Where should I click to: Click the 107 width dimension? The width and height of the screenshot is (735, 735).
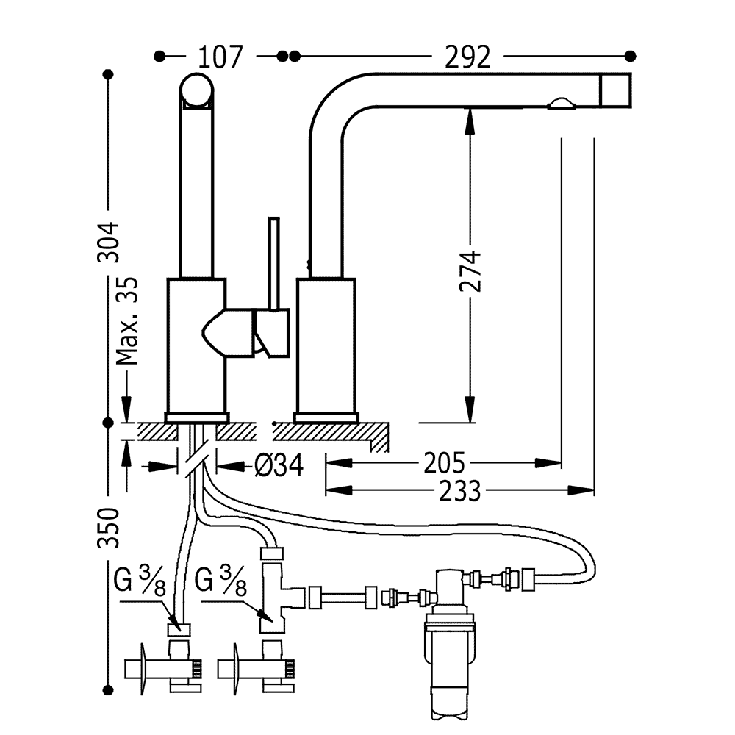pos(220,57)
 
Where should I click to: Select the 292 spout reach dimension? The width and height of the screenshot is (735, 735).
pos(467,57)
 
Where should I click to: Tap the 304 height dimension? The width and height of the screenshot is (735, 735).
pos(108,242)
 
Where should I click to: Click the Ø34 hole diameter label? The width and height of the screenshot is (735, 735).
pos(279,465)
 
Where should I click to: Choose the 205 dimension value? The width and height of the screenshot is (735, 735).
pos(445,463)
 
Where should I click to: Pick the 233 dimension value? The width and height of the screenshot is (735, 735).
pos(460,491)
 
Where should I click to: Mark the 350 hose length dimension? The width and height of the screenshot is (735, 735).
pos(108,527)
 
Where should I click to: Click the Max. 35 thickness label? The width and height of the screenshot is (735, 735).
pos(127,321)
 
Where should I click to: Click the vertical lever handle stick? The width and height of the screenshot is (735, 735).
pos(273,263)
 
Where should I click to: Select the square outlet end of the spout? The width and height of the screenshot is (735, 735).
pos(615,90)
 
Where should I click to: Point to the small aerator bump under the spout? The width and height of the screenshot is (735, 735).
pos(561,104)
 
